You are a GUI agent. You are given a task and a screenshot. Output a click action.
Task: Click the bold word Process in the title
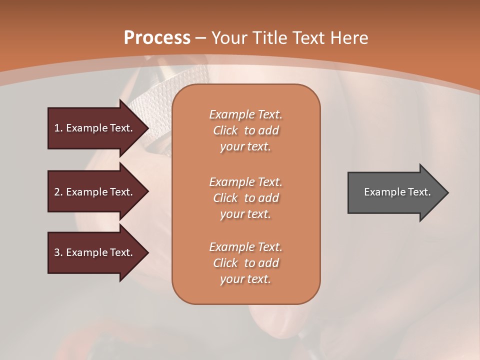click(157, 38)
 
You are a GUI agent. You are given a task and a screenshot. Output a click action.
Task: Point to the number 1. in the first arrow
click(58, 128)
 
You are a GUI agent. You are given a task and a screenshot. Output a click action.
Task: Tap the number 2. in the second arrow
click(58, 192)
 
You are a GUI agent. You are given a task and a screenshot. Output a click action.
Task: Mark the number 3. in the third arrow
click(58, 252)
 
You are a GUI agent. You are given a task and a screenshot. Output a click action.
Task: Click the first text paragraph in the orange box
click(245, 130)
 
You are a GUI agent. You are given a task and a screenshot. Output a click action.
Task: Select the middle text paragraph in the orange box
click(245, 197)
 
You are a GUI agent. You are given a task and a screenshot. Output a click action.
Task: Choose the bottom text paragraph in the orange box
click(245, 263)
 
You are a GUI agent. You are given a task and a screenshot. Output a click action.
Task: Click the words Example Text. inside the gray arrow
click(397, 192)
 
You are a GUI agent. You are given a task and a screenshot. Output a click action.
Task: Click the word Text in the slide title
click(309, 38)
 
